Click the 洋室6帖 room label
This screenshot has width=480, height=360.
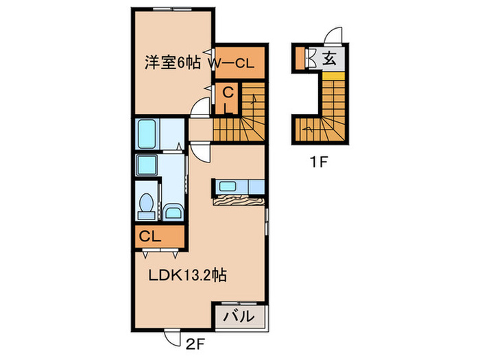tap(171, 62)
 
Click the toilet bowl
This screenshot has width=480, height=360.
tap(145, 204)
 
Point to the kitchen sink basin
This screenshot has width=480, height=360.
tap(228, 187)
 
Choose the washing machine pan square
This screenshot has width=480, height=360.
tap(147, 165)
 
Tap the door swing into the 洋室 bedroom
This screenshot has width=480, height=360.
tap(200, 108)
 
